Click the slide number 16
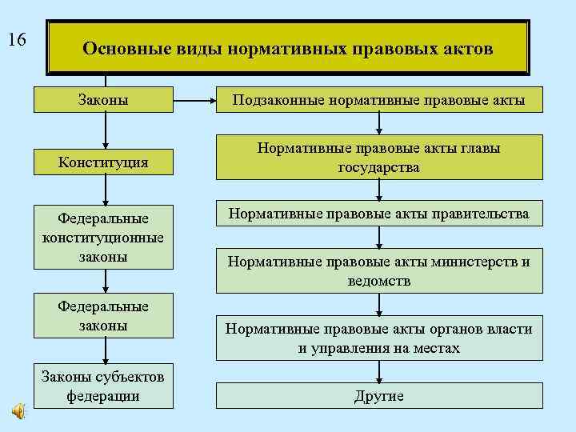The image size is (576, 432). tap(17, 40)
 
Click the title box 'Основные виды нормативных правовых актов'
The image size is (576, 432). tap(288, 49)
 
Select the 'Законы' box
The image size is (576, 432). tap(104, 99)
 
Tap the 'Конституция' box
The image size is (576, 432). tap(104, 162)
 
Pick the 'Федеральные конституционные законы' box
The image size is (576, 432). tap(104, 237)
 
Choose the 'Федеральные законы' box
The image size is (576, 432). tap(104, 316)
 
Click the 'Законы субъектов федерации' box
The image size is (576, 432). tap(104, 386)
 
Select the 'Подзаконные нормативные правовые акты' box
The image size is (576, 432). tap(378, 99)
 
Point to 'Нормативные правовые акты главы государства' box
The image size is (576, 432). tap(378, 158)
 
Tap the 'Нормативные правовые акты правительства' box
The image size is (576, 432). tap(378, 214)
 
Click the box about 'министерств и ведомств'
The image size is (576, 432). tap(378, 271)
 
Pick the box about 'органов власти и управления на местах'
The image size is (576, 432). tap(378, 338)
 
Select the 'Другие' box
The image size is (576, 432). tap(378, 396)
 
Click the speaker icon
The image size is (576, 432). tap(18, 410)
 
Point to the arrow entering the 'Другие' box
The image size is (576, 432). tap(379, 372)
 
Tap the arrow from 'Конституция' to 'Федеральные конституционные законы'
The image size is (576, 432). tap(106, 190)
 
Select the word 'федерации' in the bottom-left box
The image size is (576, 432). tap(103, 395)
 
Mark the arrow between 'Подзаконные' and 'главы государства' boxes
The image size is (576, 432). tap(379, 122)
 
